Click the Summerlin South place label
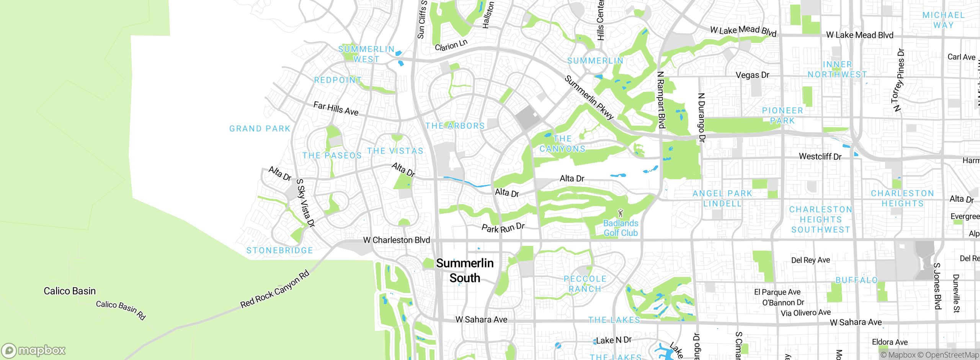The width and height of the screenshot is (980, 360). click(465, 270)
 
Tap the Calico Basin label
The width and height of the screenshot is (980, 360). click(70, 291)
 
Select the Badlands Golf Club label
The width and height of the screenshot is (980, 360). click(621, 228)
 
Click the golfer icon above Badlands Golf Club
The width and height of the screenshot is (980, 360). click(621, 213)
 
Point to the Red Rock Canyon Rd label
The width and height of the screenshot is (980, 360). click(274, 290)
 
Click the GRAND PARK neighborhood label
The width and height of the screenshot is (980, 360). click(260, 129)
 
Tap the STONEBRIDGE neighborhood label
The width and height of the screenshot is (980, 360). click(279, 250)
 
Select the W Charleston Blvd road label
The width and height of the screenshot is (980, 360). click(396, 240)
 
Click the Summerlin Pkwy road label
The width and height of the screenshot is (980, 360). click(589, 98)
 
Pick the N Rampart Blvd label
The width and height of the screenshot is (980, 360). click(661, 100)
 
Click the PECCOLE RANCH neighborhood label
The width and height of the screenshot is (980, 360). click(585, 284)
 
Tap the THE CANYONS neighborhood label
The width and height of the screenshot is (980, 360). click(562, 144)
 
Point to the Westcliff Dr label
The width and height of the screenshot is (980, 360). click(820, 156)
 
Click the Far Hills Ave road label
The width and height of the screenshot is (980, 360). click(336, 108)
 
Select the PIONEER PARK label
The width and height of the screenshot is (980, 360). click(782, 115)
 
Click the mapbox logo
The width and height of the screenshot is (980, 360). click(34, 350)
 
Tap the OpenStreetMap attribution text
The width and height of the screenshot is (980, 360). click(951, 355)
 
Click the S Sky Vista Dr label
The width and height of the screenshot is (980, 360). click(305, 203)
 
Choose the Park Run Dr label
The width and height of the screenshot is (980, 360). click(503, 228)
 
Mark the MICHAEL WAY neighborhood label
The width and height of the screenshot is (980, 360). click(943, 20)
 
